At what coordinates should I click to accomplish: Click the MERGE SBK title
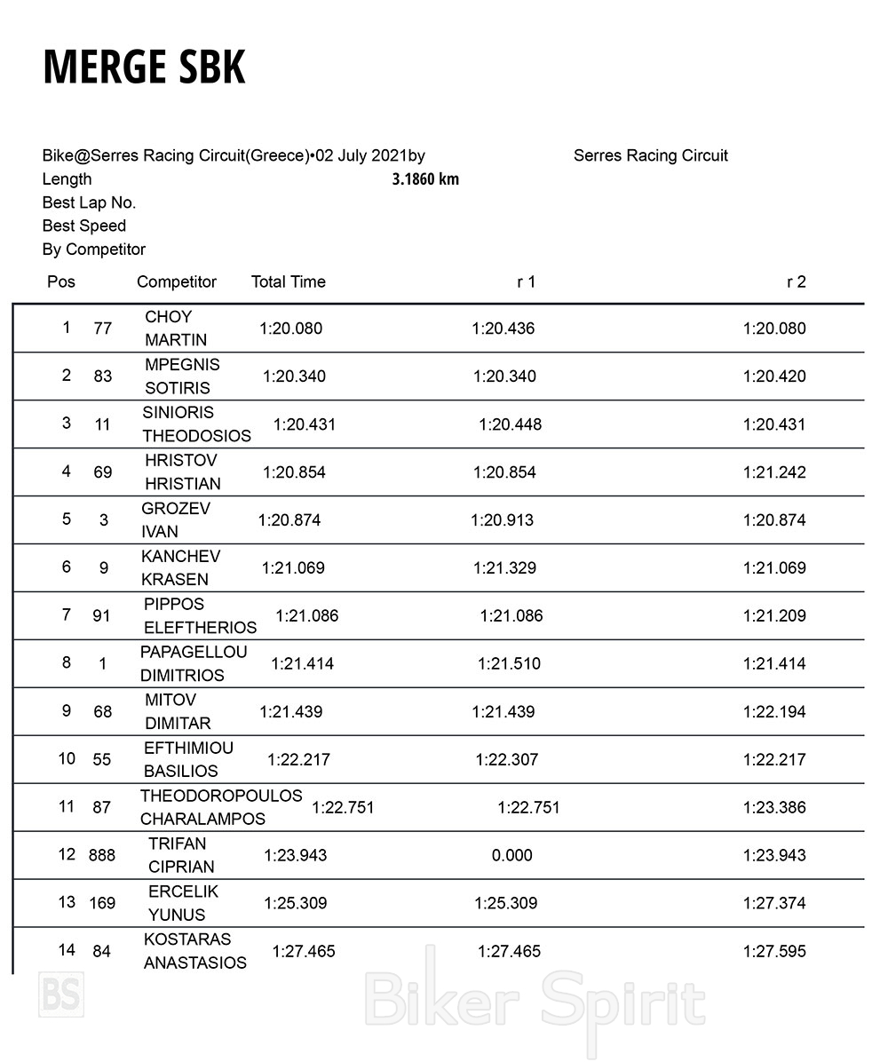pos(144,67)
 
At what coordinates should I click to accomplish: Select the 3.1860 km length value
pos(425,179)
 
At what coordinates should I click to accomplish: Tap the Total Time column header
pos(289,281)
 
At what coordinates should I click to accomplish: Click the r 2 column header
pos(796,281)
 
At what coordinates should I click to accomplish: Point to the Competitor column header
pos(177,281)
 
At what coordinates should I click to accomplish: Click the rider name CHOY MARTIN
pos(176,329)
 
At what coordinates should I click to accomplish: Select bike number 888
pos(102,855)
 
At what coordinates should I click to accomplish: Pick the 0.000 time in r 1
pos(512,855)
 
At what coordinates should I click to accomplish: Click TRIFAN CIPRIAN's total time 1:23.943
pos(295,855)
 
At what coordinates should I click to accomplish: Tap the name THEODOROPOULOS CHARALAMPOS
pos(220,807)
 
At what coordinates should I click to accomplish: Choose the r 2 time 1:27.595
pos(774,951)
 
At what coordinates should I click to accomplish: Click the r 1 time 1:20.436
pos(503,329)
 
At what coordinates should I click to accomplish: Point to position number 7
pos(66,614)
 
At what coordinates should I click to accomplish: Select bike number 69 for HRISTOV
pos(103,472)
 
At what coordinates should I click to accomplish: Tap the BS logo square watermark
pos(61,995)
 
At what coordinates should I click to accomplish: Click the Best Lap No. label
pos(89,202)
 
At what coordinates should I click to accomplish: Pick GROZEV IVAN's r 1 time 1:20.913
pos(503,520)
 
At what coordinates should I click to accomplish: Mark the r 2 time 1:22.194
pos(774,712)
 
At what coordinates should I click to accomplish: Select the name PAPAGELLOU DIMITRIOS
pos(193,663)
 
